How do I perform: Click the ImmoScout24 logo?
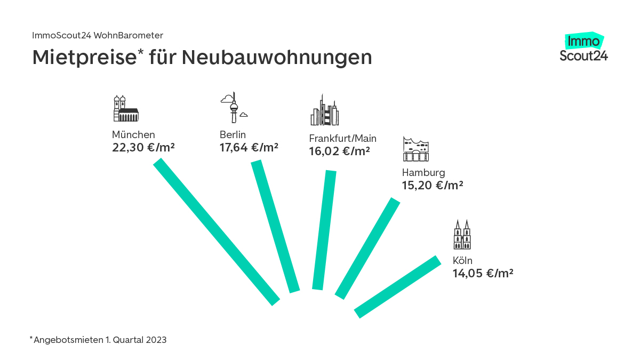(x=583, y=48)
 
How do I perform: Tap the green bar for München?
(x=217, y=232)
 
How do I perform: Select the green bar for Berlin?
(x=275, y=226)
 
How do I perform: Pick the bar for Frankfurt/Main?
(x=324, y=230)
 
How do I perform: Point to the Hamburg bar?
(x=367, y=249)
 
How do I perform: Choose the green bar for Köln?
(x=398, y=287)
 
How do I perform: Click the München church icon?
(x=125, y=109)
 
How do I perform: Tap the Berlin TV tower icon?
(x=233, y=108)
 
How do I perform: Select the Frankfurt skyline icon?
(x=324, y=110)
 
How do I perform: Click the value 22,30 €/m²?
(x=143, y=147)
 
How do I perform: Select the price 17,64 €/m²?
(x=249, y=147)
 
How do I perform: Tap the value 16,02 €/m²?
(x=340, y=151)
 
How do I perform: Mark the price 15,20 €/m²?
(x=433, y=186)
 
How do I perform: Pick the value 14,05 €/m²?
(x=483, y=274)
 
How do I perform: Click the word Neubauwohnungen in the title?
(x=276, y=58)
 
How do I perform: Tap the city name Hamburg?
(x=423, y=173)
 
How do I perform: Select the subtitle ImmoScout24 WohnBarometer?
(x=98, y=35)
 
